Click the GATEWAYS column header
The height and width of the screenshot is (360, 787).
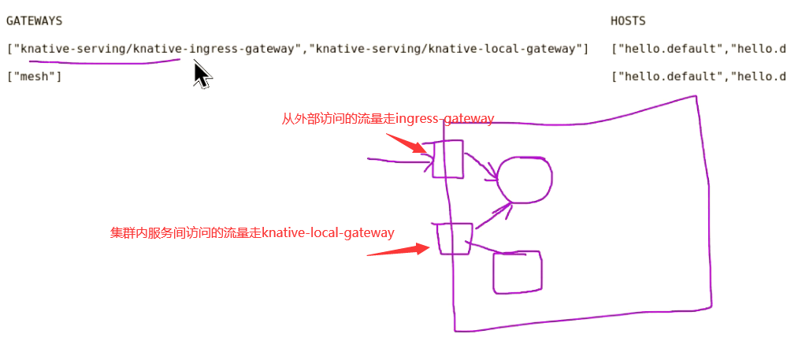(x=34, y=21)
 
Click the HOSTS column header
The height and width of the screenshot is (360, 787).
(x=628, y=21)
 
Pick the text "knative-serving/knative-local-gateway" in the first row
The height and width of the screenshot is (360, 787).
(x=448, y=49)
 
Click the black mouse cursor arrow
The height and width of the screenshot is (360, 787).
(x=202, y=74)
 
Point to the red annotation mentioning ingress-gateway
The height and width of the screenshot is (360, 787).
(x=388, y=119)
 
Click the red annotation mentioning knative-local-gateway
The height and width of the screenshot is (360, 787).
(x=252, y=232)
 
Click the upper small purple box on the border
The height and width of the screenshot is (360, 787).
(x=447, y=159)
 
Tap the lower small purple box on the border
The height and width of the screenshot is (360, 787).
(x=455, y=239)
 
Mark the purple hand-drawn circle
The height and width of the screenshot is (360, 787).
(x=523, y=179)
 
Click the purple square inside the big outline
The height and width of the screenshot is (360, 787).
(x=518, y=273)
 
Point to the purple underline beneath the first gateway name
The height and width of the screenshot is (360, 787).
(x=102, y=62)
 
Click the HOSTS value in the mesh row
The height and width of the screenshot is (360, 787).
(x=698, y=76)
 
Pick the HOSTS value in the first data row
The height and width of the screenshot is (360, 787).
(x=698, y=49)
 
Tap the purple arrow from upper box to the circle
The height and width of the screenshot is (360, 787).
(x=480, y=165)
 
